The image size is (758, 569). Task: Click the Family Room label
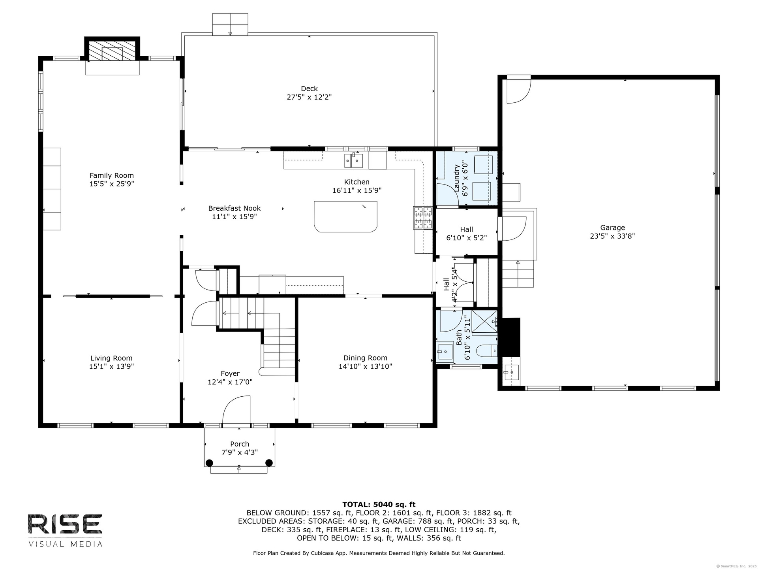tap(112, 175)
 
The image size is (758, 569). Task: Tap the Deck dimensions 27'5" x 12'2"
tap(309, 97)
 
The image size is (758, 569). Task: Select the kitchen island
tap(345, 217)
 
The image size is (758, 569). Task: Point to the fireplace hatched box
tap(112, 51)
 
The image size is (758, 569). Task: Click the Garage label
tap(613, 228)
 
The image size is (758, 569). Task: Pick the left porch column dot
tap(209, 463)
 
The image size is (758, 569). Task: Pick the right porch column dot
tap(269, 463)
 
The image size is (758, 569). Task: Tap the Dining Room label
tap(365, 358)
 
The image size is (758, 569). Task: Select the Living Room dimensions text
tap(111, 366)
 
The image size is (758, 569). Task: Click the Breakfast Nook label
tap(235, 208)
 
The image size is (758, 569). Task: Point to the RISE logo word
tap(65, 524)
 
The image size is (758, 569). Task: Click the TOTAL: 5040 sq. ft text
tap(379, 504)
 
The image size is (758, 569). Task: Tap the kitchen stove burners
tap(423, 218)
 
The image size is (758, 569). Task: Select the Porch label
tap(240, 444)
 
